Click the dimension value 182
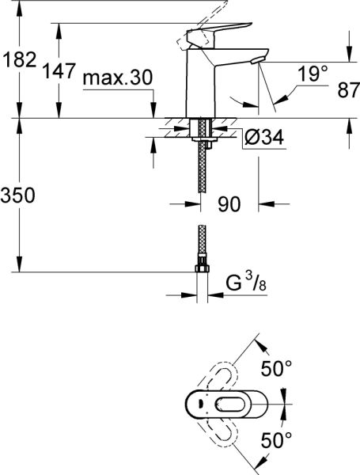pos(17,59)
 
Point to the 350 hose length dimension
pos(17,196)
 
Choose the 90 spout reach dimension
pos(229,204)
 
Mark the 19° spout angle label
pos(313,75)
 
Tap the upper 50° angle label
pos(277,368)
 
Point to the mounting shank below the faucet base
pos(203,131)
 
